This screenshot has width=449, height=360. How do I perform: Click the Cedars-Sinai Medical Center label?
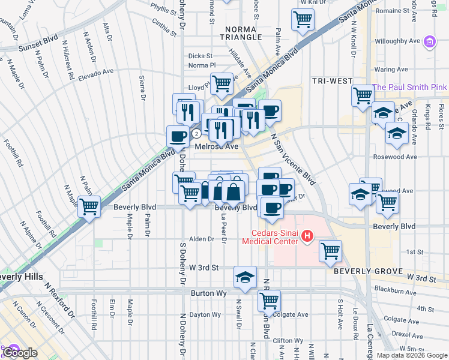pyautogui.click(x=269, y=237)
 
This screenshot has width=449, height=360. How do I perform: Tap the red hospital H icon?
pyautogui.click(x=307, y=237)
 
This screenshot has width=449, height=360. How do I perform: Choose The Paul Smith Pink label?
pyautogui.click(x=409, y=87)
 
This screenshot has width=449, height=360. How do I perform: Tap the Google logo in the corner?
pyautogui.click(x=20, y=353)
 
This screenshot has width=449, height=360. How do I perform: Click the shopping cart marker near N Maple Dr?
pyautogui.click(x=89, y=207)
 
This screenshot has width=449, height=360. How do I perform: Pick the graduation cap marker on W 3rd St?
pyautogui.click(x=245, y=277)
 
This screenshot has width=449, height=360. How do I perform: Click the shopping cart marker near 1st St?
pyautogui.click(x=330, y=251)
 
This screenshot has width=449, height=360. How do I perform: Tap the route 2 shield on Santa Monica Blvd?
pyautogui.click(x=196, y=134)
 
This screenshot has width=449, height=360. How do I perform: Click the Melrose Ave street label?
pyautogui.click(x=216, y=146)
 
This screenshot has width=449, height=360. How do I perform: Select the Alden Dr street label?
pyautogui.click(x=202, y=239)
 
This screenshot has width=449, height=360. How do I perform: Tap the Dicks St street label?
pyautogui.click(x=200, y=56)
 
